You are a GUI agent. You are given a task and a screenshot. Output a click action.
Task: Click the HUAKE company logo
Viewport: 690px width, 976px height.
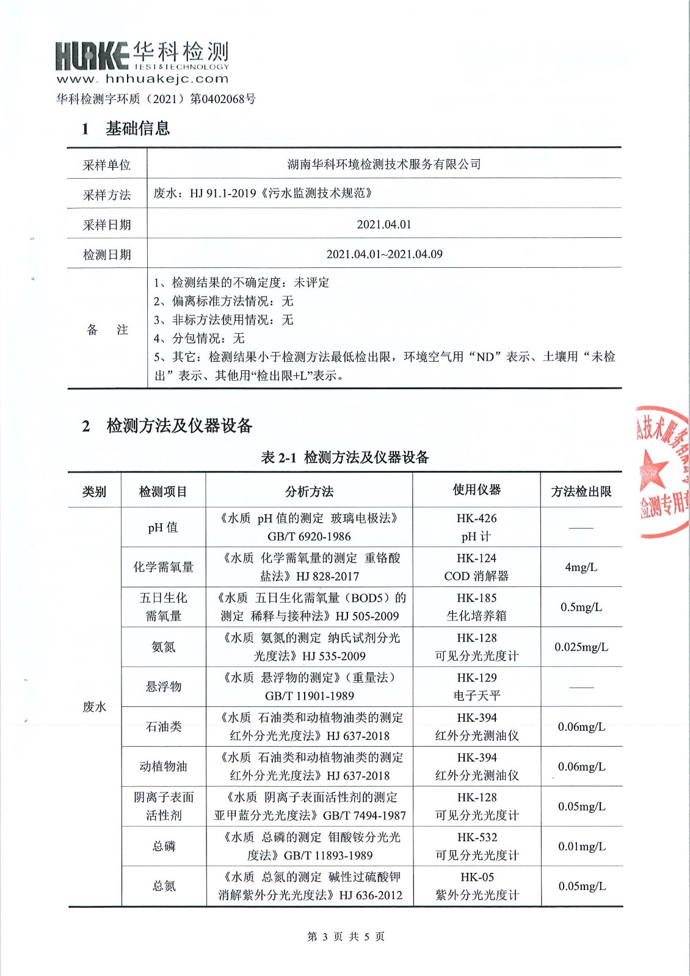[92, 56]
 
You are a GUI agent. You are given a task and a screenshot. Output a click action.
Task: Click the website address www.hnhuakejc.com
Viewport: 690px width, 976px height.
[142, 79]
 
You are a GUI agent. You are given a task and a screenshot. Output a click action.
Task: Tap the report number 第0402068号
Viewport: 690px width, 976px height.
[223, 99]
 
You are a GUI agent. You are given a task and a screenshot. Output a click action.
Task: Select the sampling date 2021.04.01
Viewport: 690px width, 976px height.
[384, 224]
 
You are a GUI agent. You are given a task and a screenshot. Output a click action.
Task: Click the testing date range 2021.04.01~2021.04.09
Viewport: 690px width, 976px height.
[384, 254]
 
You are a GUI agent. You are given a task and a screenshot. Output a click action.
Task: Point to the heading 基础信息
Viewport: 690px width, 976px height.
[137, 129]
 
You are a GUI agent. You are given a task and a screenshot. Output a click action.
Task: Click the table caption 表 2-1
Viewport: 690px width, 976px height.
[278, 457]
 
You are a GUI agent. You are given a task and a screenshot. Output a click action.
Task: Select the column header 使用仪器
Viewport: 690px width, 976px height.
[476, 490]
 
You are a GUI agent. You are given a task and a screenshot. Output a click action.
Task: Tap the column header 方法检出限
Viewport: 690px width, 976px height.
[581, 492]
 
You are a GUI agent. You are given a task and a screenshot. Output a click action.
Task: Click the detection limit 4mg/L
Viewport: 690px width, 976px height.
[581, 567]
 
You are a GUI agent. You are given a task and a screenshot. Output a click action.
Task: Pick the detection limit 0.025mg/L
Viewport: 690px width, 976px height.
[581, 647]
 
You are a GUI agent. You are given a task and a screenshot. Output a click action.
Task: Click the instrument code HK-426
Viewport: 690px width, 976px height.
[476, 518]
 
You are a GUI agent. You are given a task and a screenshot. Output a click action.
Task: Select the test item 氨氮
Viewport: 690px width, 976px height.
[163, 647]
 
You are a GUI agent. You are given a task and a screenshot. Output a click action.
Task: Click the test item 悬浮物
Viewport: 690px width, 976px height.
[163, 687]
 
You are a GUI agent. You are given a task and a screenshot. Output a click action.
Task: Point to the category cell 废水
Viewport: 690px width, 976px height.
[94, 707]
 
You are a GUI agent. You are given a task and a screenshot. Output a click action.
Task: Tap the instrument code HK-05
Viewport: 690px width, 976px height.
[476, 877]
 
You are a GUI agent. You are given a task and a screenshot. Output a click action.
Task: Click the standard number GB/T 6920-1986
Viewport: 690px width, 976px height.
[309, 537]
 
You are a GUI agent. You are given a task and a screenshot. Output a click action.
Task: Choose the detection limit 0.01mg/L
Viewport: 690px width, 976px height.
[581, 847]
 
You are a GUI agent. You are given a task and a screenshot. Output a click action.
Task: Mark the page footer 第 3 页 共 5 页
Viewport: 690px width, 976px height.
[346, 936]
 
